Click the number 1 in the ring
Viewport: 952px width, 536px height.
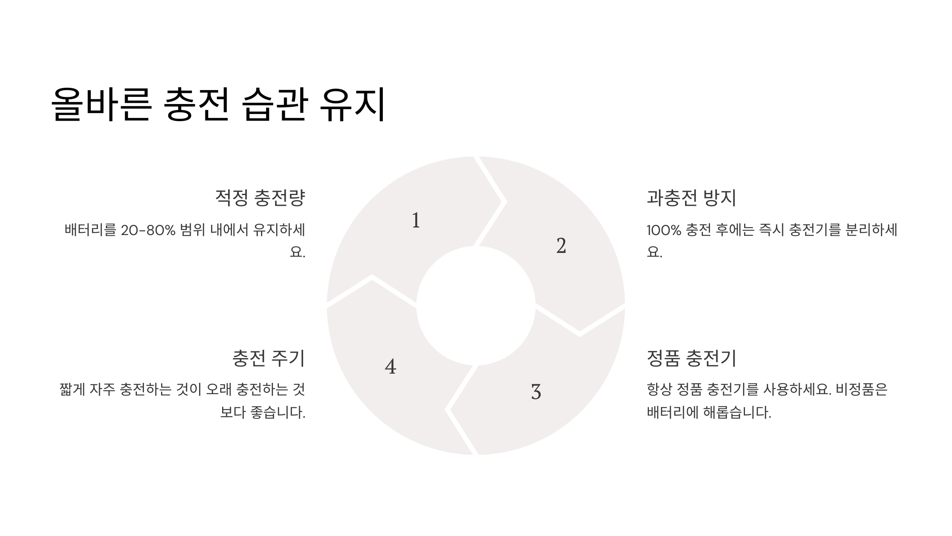[416, 220]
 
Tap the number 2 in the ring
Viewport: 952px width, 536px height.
[561, 246]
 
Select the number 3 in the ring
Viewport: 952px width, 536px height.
[536, 392]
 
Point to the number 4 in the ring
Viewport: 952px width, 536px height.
[391, 366]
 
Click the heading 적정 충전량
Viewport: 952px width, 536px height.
[260, 198]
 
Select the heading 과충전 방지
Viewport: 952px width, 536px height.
[691, 198]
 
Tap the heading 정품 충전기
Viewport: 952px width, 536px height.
[691, 358]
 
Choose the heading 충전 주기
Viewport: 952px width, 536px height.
[269, 358]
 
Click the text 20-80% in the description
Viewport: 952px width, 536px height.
[148, 230]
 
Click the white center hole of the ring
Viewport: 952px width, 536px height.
[476, 305]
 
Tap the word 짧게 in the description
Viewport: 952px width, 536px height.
[72, 389]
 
